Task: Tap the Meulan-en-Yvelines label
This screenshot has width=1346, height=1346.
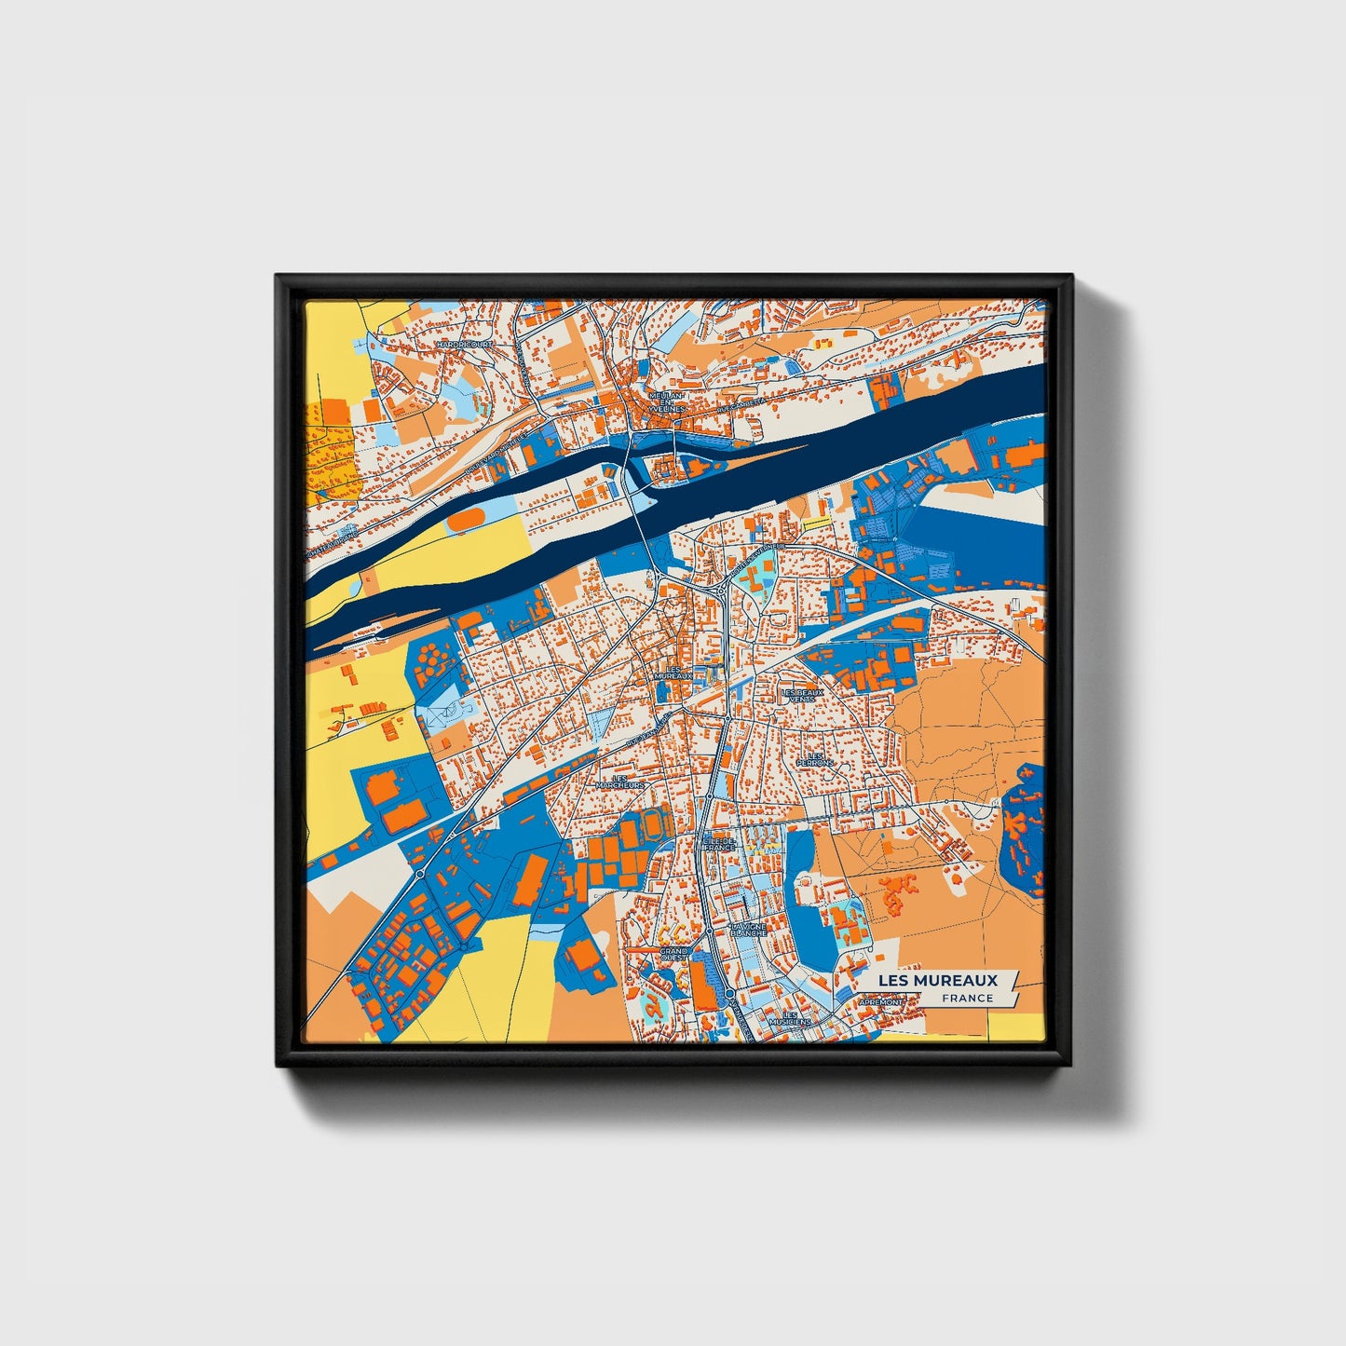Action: point(667,401)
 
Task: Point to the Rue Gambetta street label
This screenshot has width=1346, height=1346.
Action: point(741,403)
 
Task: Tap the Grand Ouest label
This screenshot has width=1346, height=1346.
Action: point(673,955)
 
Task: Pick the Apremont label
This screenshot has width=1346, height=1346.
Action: point(880,1002)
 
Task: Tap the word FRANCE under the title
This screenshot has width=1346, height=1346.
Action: point(967,998)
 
